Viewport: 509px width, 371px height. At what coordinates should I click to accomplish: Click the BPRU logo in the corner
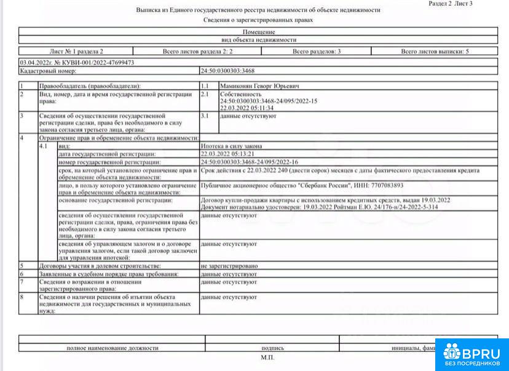click(x=472, y=354)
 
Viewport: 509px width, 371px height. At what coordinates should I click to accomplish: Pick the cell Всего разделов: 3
click(x=317, y=52)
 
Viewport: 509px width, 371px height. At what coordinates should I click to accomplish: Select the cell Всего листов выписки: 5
click(x=435, y=52)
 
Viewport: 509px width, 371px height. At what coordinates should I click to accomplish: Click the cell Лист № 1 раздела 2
click(x=76, y=52)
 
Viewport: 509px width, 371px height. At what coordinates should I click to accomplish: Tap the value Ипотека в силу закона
click(x=232, y=146)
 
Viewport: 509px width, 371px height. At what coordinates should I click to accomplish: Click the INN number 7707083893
click(x=387, y=185)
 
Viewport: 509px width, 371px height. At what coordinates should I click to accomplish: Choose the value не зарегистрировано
click(x=229, y=266)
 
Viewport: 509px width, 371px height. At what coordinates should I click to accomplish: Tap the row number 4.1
click(x=44, y=146)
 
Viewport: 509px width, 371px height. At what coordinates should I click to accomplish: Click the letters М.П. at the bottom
click(x=267, y=357)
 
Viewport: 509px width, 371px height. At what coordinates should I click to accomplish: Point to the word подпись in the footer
click(x=272, y=348)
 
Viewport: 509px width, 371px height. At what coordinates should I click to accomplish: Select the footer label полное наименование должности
click(x=112, y=348)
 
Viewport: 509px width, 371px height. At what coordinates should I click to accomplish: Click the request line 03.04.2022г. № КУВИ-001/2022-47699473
click(x=77, y=63)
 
